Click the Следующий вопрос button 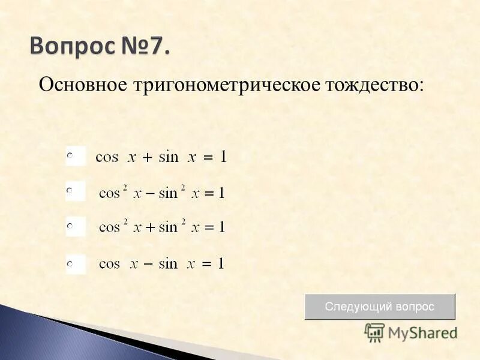pyautogui.click(x=379, y=306)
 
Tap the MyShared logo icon pyautogui.click(x=374, y=332)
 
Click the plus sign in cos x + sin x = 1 pyautogui.click(x=148, y=158)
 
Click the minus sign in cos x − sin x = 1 pyautogui.click(x=148, y=264)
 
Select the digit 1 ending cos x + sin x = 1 pyautogui.click(x=223, y=157)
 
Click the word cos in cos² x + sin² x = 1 pyautogui.click(x=110, y=228)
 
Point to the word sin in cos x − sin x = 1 pyautogui.click(x=168, y=263)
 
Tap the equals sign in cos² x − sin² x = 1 pyautogui.click(x=209, y=193)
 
